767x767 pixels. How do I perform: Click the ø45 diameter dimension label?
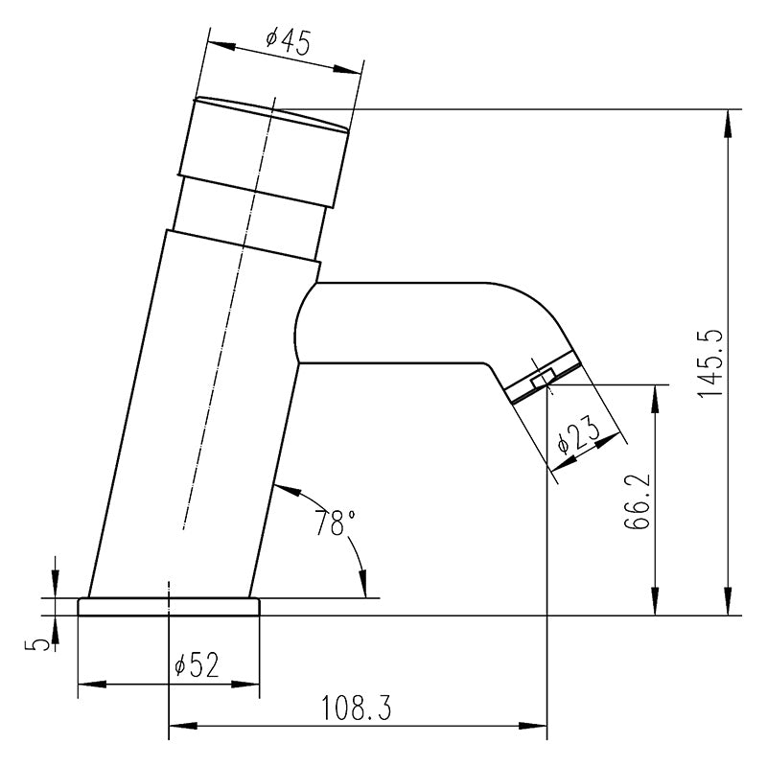tap(289, 43)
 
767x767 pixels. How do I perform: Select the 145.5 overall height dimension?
tap(710, 362)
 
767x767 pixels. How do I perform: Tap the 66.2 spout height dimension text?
tap(637, 500)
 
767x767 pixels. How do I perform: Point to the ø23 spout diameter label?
tap(579, 435)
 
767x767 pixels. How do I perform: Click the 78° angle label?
tap(335, 523)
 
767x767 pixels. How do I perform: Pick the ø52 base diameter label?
tap(197, 665)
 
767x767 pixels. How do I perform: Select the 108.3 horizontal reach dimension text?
tap(356, 708)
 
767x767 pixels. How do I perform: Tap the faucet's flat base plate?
tap(169, 607)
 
